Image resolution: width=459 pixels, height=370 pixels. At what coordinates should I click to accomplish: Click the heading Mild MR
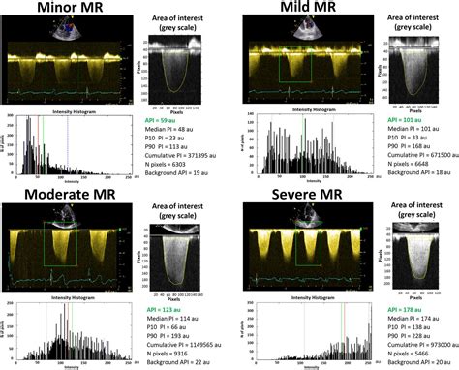[x=296, y=13]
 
